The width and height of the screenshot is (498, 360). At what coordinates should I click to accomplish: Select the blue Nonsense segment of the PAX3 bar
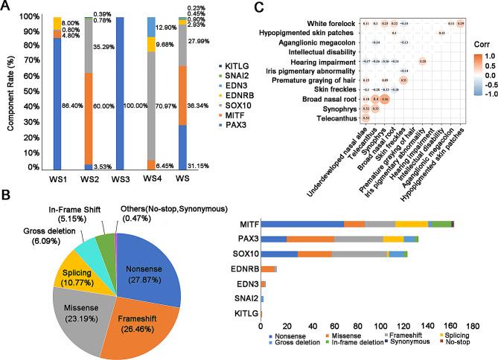tap(273, 238)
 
